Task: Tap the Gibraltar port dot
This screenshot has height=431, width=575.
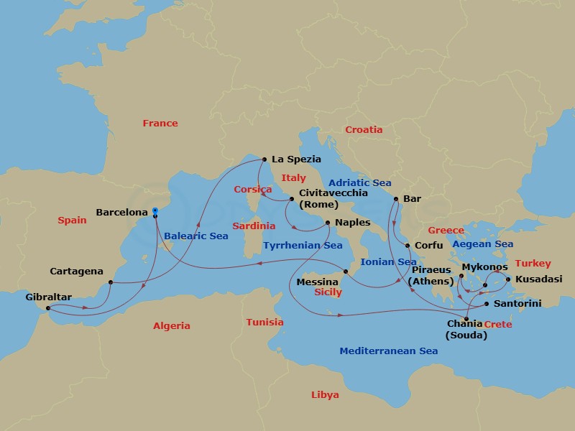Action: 48,310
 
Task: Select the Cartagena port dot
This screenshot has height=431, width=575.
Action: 110,282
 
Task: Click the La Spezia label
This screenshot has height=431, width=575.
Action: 296,159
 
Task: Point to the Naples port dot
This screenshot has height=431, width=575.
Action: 326,223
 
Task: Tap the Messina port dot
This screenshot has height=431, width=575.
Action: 345,271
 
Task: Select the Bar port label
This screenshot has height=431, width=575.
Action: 413,198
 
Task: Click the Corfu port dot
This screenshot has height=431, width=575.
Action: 407,246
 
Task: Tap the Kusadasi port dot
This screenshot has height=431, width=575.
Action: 508,279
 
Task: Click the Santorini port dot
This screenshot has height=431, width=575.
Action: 487,305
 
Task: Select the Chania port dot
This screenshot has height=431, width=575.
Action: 468,319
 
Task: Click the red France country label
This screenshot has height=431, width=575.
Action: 160,124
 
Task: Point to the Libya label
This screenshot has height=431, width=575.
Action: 325,395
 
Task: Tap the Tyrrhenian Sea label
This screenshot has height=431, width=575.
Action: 303,245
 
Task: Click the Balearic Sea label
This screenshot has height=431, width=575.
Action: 197,236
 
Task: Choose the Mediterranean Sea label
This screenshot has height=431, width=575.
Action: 389,351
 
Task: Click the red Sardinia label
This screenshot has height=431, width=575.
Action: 253,226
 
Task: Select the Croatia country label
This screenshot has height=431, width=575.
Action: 364,130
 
